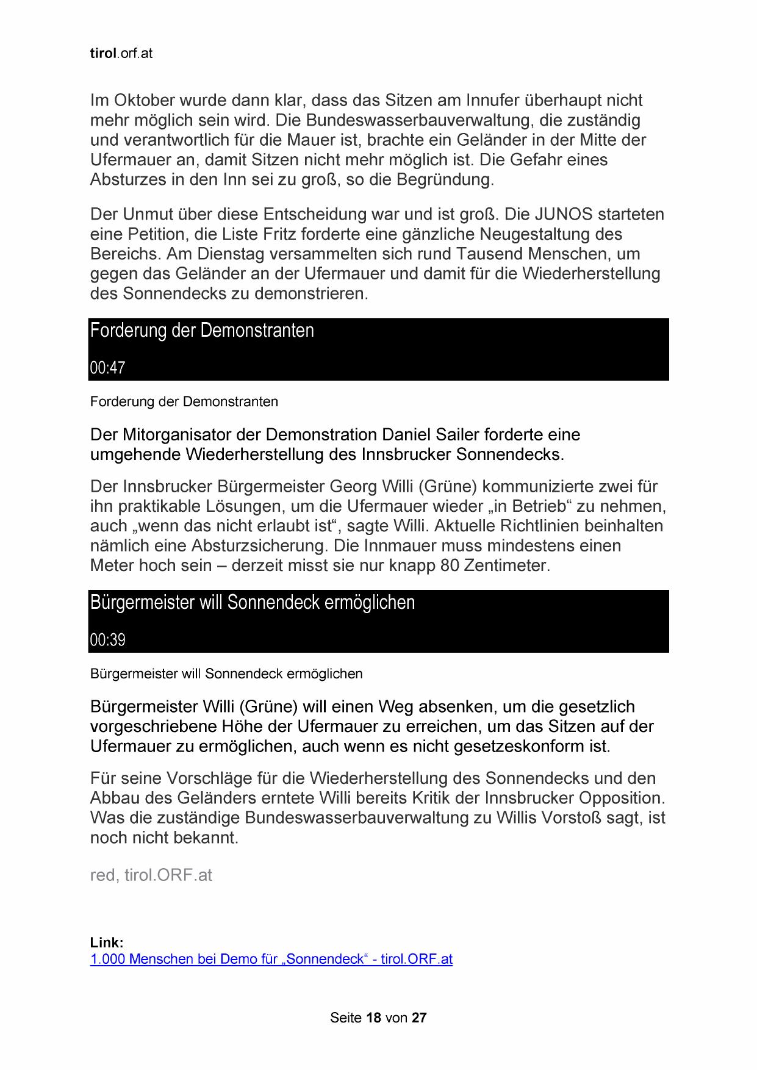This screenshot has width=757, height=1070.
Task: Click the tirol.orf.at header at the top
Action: (x=121, y=54)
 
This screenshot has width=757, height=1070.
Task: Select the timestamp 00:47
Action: (x=107, y=368)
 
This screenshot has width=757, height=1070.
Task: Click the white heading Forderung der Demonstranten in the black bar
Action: (x=202, y=331)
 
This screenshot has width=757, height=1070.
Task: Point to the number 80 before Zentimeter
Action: (x=449, y=566)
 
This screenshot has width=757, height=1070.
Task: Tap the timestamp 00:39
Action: (x=107, y=640)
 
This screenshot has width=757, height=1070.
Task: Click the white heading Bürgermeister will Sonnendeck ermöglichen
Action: (x=252, y=603)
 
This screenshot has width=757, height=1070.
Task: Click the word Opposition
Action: (x=620, y=799)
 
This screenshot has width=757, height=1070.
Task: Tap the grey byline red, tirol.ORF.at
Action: (x=151, y=875)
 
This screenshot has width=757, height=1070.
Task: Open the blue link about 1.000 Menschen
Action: (x=271, y=959)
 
